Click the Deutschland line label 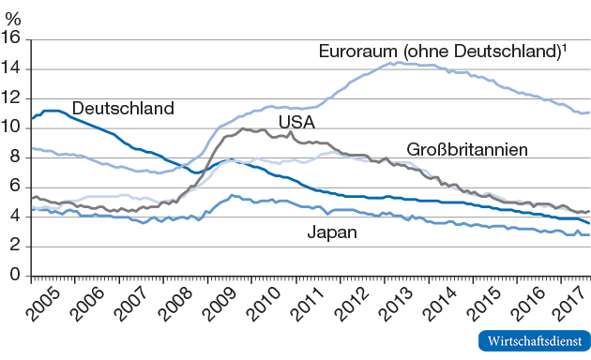(123, 108)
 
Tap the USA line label (296, 122)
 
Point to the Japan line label (332, 232)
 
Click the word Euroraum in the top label (358, 50)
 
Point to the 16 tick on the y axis (11, 38)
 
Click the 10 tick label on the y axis (11, 127)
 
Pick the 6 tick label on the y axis (15, 187)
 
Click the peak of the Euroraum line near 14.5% (398, 63)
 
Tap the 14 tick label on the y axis (11, 68)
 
